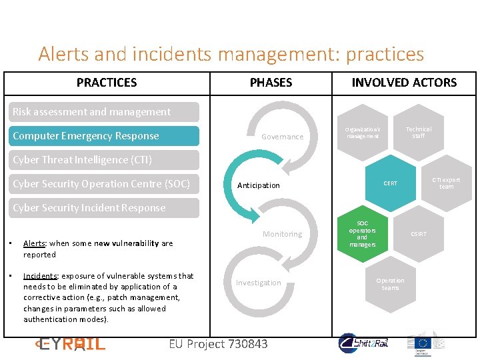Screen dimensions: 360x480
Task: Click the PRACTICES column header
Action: [107, 83]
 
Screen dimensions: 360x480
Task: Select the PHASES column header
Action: [271, 83]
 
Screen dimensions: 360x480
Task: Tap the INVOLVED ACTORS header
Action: [404, 83]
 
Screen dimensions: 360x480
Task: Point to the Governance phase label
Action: [282, 137]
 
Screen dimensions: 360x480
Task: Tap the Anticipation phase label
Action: [259, 185]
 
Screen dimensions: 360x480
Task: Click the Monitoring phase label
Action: [282, 234]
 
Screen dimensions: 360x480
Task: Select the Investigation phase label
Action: [258, 283]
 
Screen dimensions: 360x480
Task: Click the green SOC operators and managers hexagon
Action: [362, 234]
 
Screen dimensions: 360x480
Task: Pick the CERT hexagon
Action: [391, 183]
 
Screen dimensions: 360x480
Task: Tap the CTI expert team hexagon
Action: [446, 183]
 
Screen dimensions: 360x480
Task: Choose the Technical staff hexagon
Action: [418, 132]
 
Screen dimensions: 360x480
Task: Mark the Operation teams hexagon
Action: [390, 284]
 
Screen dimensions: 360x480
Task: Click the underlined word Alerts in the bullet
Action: [35, 243]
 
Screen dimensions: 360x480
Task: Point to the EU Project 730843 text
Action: [219, 344]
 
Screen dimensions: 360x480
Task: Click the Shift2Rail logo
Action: [364, 343]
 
